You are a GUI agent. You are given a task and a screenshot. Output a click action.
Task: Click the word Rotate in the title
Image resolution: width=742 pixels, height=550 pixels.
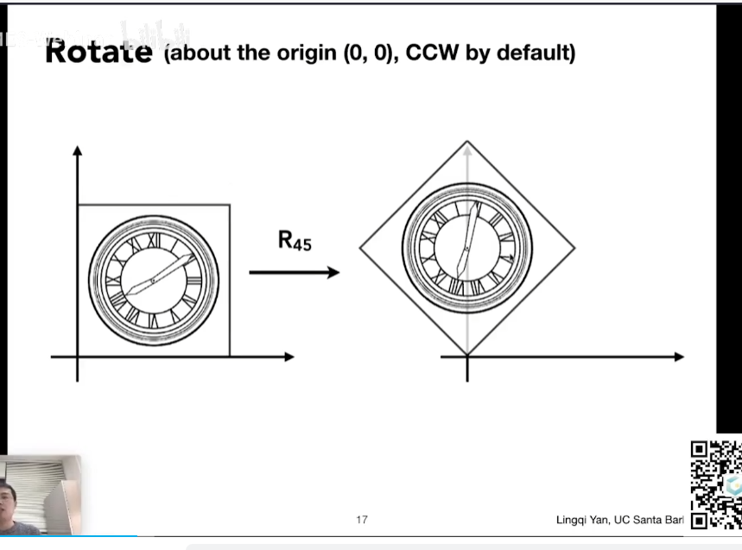98,52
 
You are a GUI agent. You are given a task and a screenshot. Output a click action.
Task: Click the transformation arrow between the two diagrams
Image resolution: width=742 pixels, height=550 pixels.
294,273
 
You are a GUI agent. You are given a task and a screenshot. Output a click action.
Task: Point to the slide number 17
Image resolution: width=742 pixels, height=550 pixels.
362,520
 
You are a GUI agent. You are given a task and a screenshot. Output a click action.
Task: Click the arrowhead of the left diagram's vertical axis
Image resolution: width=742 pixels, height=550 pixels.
78,151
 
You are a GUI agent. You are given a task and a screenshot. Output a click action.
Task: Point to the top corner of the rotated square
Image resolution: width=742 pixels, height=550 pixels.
467,142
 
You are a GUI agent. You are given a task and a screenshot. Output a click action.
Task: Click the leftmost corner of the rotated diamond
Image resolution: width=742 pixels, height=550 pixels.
360,249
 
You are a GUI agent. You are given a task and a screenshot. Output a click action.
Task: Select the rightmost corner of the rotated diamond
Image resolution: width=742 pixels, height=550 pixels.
574,249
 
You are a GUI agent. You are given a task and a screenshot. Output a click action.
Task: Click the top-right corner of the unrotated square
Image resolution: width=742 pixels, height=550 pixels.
230,205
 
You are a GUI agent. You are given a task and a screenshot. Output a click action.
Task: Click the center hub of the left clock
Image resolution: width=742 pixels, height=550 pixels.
153,281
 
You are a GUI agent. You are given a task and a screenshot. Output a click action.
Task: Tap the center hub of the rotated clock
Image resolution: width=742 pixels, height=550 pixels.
466,250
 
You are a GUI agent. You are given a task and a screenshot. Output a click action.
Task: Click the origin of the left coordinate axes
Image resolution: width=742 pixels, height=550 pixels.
78,357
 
